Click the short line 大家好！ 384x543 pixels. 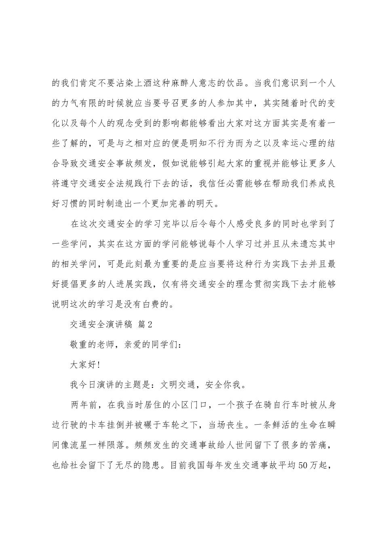click(85, 364)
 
